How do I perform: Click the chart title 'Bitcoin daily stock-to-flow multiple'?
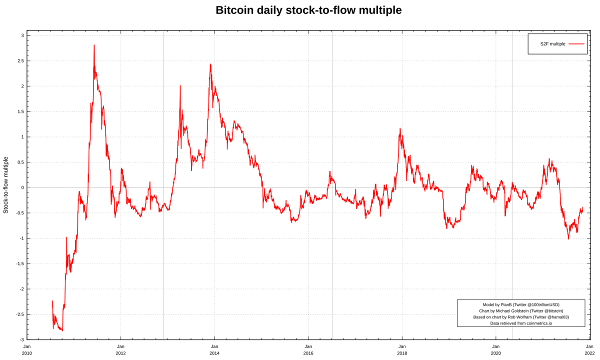pyautogui.click(x=308, y=10)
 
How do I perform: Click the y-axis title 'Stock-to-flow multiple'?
pyautogui.click(x=6, y=185)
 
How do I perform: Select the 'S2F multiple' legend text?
pyautogui.click(x=552, y=44)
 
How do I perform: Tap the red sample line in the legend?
pyautogui.click(x=576, y=44)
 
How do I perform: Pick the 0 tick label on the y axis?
pyautogui.click(x=22, y=187)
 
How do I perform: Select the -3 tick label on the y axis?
pyautogui.click(x=21, y=339)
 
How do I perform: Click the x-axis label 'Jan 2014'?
pyautogui.click(x=214, y=349)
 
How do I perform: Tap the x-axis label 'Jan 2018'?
pyautogui.click(x=402, y=349)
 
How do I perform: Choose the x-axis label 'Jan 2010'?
pyautogui.click(x=27, y=349)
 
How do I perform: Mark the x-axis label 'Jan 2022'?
pyautogui.click(x=589, y=349)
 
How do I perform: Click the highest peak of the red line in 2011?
pyautogui.click(x=94, y=45)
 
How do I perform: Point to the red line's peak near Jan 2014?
pyautogui.click(x=210, y=64)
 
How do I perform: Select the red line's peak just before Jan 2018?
pyautogui.click(x=400, y=128)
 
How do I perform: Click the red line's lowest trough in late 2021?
pyautogui.click(x=568, y=238)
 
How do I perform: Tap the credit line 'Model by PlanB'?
pyautogui.click(x=521, y=304)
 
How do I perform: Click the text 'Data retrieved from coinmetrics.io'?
pyautogui.click(x=521, y=323)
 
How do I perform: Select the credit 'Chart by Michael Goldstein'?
pyautogui.click(x=521, y=311)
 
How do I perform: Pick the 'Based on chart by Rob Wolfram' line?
pyautogui.click(x=521, y=317)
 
